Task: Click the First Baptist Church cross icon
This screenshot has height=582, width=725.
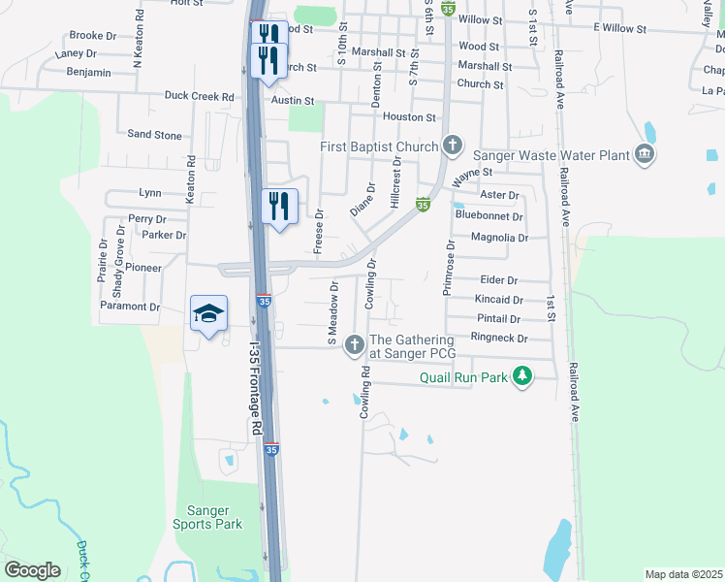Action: click(452, 146)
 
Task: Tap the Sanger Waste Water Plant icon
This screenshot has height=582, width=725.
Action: click(645, 154)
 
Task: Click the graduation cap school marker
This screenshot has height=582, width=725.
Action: click(208, 313)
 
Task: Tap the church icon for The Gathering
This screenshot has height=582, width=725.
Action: click(355, 343)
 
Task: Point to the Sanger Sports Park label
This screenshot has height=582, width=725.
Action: click(207, 517)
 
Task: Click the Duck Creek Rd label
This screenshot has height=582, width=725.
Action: click(200, 97)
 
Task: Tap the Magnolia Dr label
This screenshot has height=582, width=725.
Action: click(499, 237)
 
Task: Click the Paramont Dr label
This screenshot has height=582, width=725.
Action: click(130, 307)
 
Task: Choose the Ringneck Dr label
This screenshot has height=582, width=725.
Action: click(498, 339)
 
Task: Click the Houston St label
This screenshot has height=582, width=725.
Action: click(409, 116)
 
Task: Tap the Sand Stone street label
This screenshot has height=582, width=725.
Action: click(154, 135)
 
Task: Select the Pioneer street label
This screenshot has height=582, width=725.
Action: click(142, 268)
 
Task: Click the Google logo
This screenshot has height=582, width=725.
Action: click(33, 570)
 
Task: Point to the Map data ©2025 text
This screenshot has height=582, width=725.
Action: click(682, 574)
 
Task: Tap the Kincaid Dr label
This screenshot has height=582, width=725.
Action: click(499, 301)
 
